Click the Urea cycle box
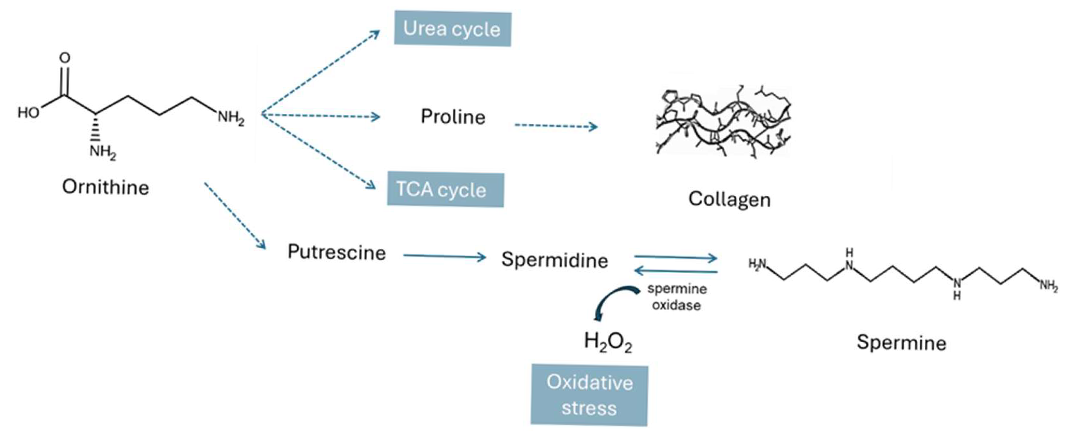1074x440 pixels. coord(452,29)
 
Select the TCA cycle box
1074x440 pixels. coord(445,190)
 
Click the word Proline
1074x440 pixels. coord(453,117)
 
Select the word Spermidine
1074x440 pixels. coord(554,260)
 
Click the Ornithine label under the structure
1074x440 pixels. coord(105,187)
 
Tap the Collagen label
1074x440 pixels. coord(729,200)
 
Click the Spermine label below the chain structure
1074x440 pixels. coord(901,343)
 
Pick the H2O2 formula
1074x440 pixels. coord(608,342)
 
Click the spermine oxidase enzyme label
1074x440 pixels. coord(676,297)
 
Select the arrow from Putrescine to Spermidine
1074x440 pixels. coord(444,256)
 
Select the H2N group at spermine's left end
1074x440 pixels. coord(758,264)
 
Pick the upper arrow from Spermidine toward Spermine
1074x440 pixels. coord(675,259)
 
